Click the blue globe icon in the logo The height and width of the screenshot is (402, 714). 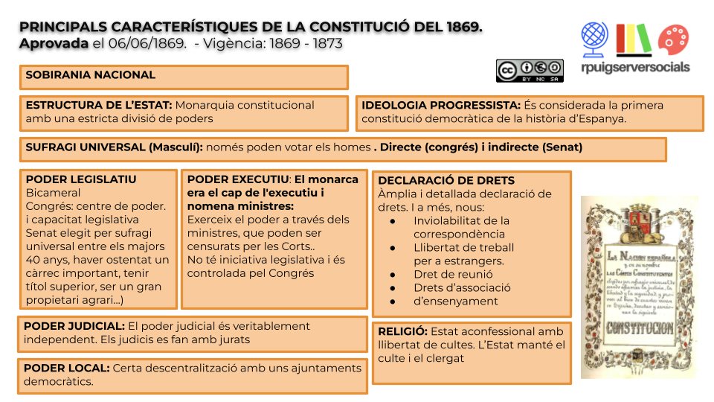595,38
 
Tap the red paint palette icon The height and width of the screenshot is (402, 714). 674,40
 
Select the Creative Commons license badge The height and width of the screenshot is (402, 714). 530,71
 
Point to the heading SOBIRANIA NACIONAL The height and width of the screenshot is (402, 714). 91,75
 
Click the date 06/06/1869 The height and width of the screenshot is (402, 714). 147,43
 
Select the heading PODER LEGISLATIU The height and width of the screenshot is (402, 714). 81,179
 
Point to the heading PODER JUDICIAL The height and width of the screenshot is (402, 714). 74,326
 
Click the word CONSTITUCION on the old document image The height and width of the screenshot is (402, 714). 639,328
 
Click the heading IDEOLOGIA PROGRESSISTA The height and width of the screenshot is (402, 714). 441,105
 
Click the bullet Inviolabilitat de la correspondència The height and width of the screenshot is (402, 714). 461,227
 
